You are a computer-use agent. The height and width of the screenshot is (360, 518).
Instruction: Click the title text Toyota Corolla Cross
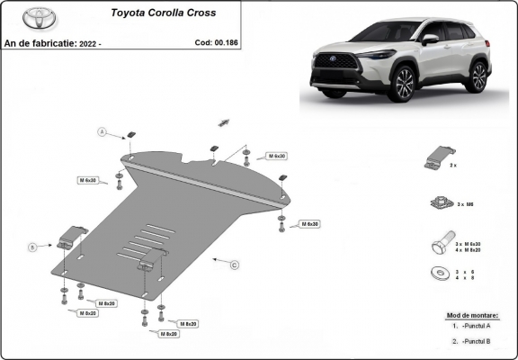[163, 14]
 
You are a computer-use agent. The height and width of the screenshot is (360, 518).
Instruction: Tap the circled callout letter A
[103, 133]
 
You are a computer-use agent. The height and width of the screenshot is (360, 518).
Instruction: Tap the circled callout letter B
[32, 246]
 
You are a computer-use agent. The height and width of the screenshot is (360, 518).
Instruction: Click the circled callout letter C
[235, 265]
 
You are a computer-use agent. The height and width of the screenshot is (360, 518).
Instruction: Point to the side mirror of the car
[431, 40]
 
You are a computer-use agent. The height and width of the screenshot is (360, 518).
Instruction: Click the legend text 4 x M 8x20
[473, 249]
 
